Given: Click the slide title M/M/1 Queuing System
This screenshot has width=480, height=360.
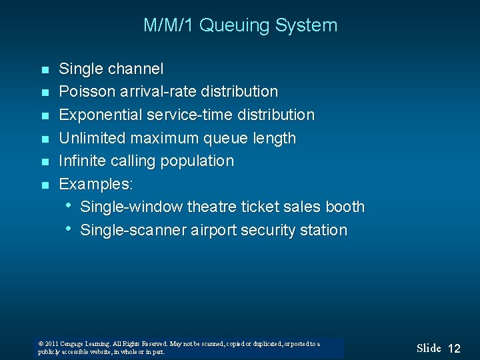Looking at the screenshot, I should (x=240, y=26).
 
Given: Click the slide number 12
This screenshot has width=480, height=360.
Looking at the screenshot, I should (x=454, y=349).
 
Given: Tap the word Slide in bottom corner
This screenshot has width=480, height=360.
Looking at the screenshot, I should (x=429, y=348).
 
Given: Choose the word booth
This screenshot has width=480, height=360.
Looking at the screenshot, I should (x=344, y=207).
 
